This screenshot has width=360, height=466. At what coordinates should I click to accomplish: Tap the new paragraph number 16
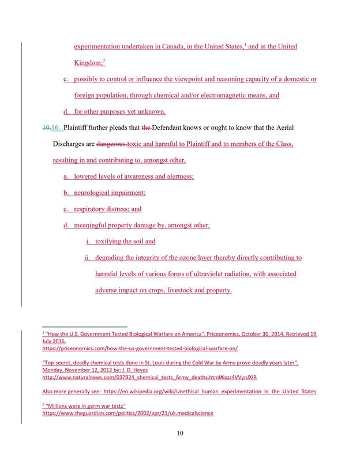click(57, 127)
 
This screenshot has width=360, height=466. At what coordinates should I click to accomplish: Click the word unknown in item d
click(152, 111)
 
